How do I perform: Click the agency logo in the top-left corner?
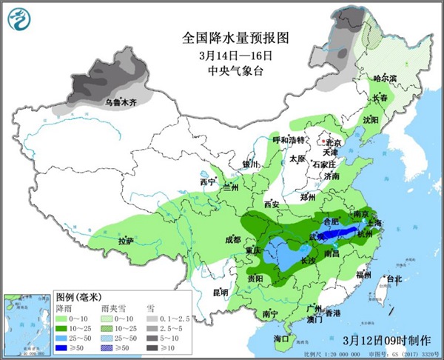pyautogui.click(x=18, y=19)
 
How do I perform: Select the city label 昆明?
pyautogui.click(x=220, y=293)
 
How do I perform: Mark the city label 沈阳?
pyautogui.click(x=370, y=119)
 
